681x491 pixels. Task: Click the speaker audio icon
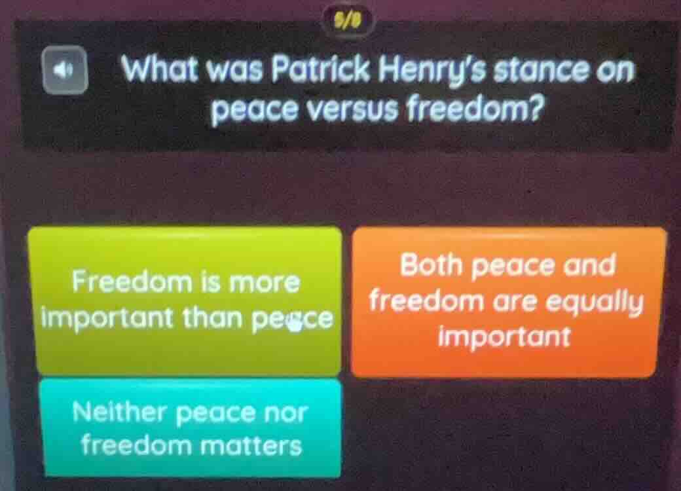pos(65,69)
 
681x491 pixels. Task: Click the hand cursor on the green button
pos(295,323)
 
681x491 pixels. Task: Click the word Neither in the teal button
pos(120,413)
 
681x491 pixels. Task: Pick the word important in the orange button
pos(505,336)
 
